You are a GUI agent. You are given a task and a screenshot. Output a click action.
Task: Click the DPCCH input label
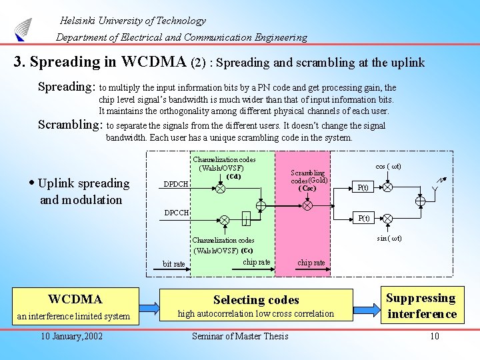click(177, 213)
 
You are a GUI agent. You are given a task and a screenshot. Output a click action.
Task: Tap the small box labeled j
click(246, 220)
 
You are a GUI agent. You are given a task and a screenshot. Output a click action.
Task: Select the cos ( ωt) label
click(388, 166)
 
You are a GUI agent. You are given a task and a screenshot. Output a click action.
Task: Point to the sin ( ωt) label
click(389, 238)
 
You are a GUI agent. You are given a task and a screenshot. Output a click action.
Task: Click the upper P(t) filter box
click(364, 187)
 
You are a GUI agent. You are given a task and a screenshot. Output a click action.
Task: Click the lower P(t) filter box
click(364, 218)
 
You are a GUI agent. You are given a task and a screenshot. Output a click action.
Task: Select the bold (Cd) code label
click(233, 177)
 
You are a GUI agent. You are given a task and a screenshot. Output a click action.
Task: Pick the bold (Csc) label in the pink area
click(307, 188)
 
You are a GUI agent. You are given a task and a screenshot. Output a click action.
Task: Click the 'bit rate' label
click(174, 264)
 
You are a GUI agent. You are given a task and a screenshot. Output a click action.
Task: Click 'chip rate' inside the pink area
click(311, 263)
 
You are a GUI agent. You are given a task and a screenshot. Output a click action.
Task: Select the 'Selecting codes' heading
click(256, 300)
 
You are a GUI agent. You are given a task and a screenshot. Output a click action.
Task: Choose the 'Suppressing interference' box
click(421, 306)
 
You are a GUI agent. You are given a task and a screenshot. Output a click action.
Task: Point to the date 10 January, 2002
click(71, 336)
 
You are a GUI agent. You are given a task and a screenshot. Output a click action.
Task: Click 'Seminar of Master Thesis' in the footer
click(240, 336)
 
